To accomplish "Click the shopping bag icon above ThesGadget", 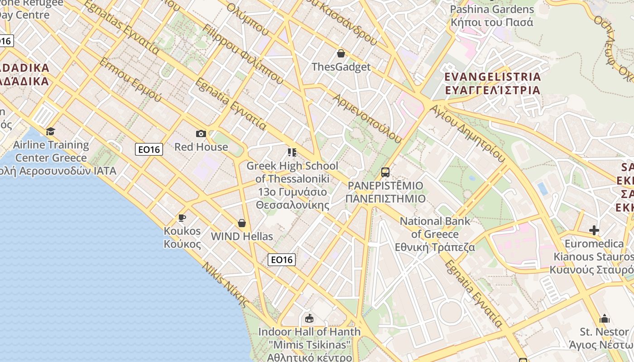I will [x=341, y=54].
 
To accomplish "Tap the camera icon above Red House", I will [x=201, y=133].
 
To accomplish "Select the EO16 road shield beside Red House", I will [x=149, y=149].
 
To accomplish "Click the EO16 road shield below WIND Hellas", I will [x=282, y=259].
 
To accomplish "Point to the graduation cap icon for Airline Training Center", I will [x=51, y=131].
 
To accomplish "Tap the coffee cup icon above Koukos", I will [x=182, y=218].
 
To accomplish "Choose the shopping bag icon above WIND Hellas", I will [x=242, y=223].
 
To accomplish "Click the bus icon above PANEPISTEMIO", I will [x=385, y=172].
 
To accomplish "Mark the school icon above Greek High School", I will [x=292, y=152].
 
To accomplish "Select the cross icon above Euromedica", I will [x=594, y=230].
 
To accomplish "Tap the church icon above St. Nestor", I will [x=605, y=319].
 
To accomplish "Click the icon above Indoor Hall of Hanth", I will [x=309, y=318].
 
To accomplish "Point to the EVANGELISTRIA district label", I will [x=493, y=83].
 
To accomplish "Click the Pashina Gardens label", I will [x=492, y=15].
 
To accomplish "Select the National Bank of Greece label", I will [x=435, y=234].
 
